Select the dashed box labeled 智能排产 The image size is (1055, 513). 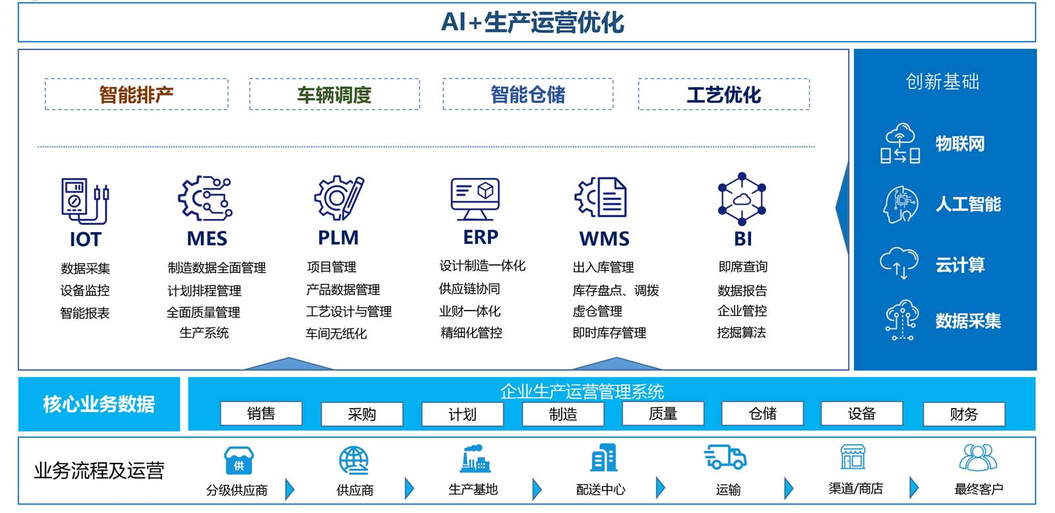(x=136, y=94)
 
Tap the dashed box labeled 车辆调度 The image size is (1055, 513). (x=334, y=94)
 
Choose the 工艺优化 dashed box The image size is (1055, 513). (x=723, y=94)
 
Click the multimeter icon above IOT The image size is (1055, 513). (x=84, y=200)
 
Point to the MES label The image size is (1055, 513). (x=207, y=238)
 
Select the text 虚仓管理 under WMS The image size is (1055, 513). (x=597, y=311)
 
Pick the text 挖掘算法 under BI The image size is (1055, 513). (x=742, y=332)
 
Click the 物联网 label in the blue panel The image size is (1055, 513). (x=959, y=144)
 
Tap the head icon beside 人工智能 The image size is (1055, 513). (x=900, y=204)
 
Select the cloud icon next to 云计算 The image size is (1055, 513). (x=899, y=262)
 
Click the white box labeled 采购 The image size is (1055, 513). (x=361, y=414)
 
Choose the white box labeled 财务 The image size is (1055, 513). (x=963, y=414)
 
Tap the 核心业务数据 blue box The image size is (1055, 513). (x=99, y=404)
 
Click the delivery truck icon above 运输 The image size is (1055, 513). (x=725, y=457)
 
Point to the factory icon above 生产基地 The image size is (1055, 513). (x=475, y=458)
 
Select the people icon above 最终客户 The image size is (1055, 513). (x=978, y=457)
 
